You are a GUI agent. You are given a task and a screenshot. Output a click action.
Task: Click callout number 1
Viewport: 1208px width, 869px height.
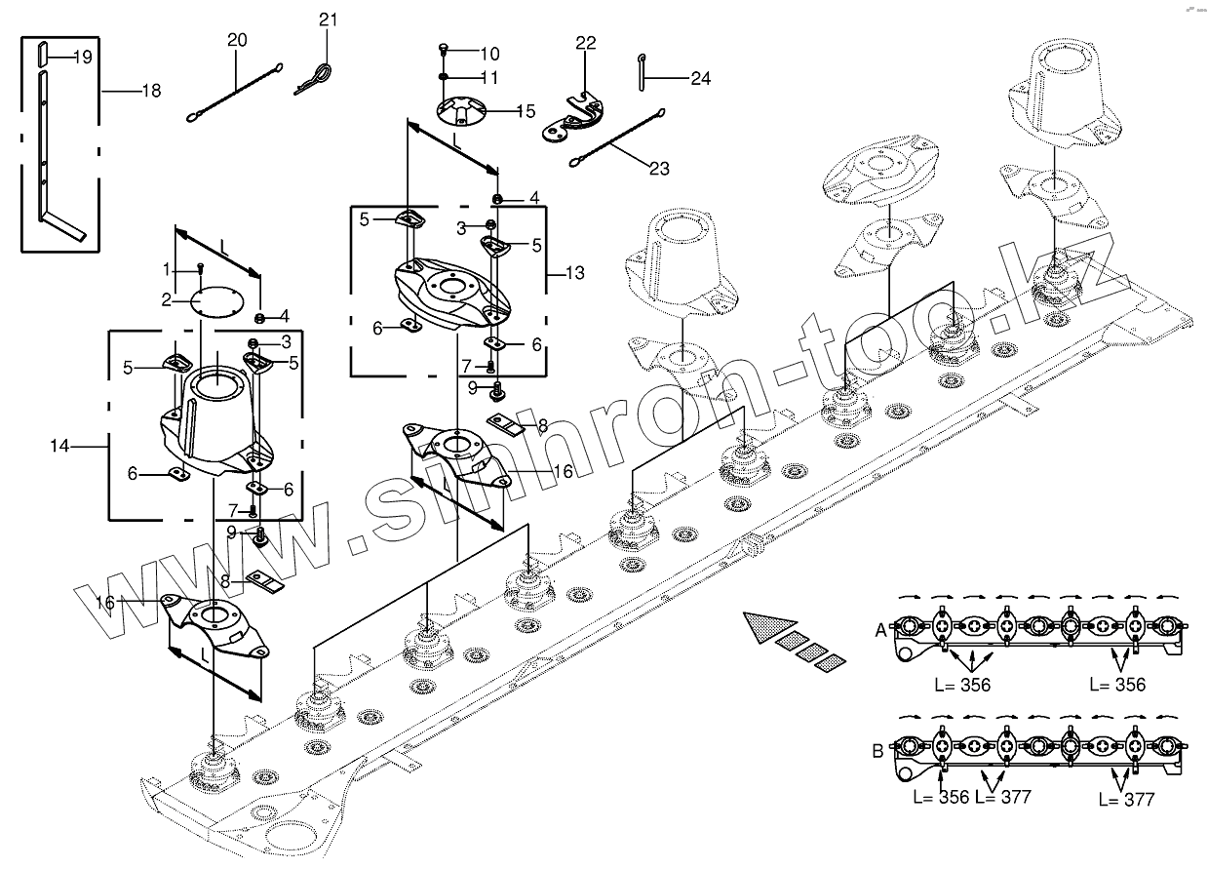[x=167, y=268]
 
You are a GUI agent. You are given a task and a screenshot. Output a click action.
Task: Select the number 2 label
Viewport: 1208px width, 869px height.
[x=167, y=298]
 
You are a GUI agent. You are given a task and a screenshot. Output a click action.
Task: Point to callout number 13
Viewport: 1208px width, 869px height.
[x=575, y=274]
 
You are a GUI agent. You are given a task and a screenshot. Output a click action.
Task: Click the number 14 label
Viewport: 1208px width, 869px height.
[x=61, y=446]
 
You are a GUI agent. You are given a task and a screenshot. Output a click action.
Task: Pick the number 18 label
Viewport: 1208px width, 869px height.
[x=150, y=91]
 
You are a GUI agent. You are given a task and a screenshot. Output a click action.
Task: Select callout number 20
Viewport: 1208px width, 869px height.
[x=237, y=40]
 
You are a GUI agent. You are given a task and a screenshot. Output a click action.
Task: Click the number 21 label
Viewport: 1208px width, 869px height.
[x=328, y=20]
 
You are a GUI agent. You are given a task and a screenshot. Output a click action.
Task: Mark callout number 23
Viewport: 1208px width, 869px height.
[x=659, y=168]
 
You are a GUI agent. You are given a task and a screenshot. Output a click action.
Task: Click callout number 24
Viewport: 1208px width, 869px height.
[x=701, y=78]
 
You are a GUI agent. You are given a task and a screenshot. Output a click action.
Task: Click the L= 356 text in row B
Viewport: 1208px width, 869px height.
[x=941, y=798]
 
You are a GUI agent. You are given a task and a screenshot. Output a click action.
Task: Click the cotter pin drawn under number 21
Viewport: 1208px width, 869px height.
[x=317, y=77]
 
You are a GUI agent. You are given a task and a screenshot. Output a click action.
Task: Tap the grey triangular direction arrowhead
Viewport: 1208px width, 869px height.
[x=766, y=627]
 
